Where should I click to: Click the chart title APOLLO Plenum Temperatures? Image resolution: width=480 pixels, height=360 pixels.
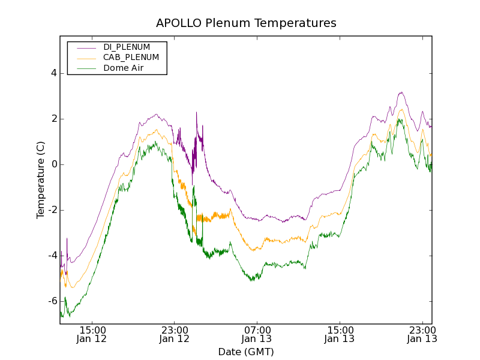click(x=246, y=23)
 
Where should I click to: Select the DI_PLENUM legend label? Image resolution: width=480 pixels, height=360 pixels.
click(x=127, y=47)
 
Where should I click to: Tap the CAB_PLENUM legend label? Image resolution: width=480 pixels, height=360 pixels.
click(x=131, y=58)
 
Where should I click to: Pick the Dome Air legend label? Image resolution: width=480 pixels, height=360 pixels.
click(x=124, y=68)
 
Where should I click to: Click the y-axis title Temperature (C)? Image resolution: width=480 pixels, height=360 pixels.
click(x=41, y=180)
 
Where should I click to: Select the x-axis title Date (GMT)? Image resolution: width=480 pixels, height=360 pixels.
click(x=246, y=352)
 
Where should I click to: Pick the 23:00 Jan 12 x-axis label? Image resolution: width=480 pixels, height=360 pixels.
click(x=175, y=335)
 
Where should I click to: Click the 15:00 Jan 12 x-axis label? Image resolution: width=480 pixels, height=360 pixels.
click(x=92, y=335)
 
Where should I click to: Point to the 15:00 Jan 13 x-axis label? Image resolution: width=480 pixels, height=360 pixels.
click(x=340, y=335)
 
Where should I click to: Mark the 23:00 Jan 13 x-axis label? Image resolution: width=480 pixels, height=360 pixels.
click(x=422, y=335)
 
